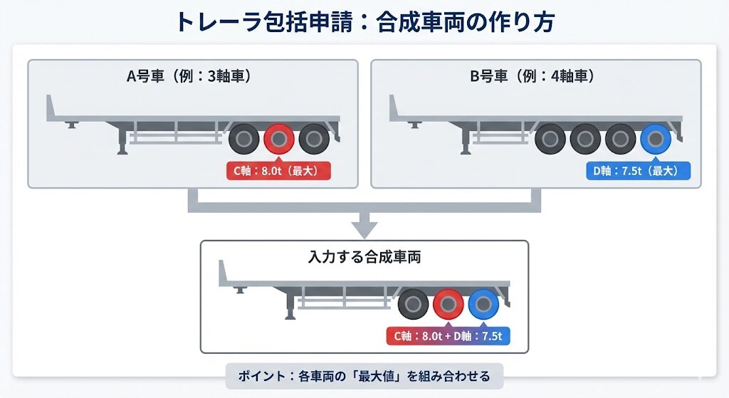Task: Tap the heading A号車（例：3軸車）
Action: coord(189,76)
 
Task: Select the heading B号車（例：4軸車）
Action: coord(532,76)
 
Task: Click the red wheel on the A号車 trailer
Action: coord(279,140)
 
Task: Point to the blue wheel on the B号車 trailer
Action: coord(655,140)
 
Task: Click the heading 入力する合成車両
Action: coord(364,256)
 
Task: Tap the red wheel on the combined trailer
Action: coord(449,305)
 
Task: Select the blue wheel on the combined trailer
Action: coord(483,305)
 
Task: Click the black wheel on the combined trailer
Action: coord(414,305)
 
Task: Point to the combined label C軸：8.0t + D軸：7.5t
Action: coord(448,336)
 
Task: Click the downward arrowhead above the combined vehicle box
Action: coord(364,229)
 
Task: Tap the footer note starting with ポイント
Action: coord(364,374)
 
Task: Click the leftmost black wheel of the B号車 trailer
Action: coord(550,140)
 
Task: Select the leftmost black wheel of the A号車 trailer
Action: coord(244,140)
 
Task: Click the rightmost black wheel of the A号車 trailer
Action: coord(314,140)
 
